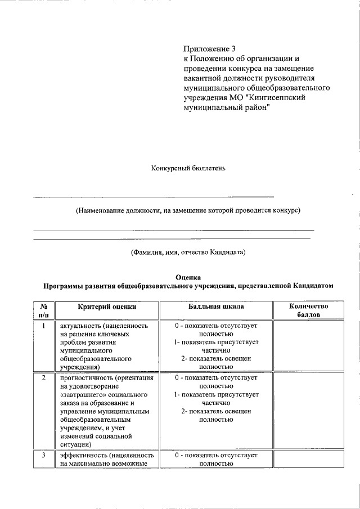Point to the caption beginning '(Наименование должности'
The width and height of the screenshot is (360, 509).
188,210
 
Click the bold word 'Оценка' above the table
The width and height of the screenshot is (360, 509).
188,277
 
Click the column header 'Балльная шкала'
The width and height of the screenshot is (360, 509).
216,307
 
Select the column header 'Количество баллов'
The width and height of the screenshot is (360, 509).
307,310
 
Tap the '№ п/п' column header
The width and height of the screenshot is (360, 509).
43,310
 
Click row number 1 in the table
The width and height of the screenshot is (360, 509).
43,326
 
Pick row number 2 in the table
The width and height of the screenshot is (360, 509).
43,377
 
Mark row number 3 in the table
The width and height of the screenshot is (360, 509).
43,455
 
